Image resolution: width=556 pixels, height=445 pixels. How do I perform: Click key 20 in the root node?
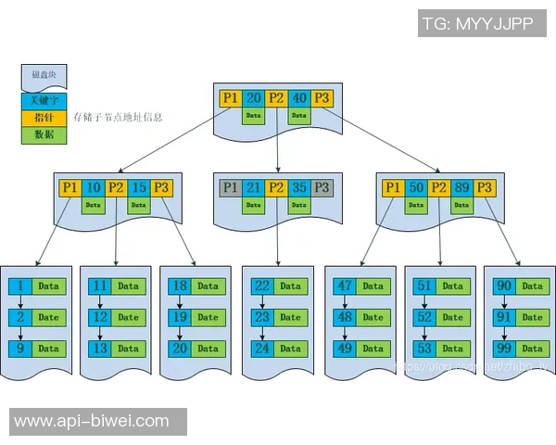[x=253, y=97]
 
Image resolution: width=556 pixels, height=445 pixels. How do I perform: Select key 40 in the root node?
[x=299, y=97]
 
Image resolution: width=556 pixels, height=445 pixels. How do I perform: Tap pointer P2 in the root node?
[x=276, y=97]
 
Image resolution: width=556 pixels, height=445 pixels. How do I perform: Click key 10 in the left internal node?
[x=93, y=187]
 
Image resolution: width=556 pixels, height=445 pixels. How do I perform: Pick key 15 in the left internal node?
[x=139, y=187]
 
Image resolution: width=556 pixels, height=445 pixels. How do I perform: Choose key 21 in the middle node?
[x=254, y=187]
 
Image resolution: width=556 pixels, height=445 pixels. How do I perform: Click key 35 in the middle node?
[x=299, y=187]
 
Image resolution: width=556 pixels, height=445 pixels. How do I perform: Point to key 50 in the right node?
[x=417, y=187]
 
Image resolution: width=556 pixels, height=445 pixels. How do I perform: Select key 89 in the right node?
[x=462, y=187]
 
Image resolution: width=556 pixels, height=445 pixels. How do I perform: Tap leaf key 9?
[x=19, y=349]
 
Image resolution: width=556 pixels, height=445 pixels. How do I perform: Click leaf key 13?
[x=100, y=349]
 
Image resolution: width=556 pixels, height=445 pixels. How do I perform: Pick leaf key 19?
[x=180, y=317]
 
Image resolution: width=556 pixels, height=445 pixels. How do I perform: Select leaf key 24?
[x=262, y=349]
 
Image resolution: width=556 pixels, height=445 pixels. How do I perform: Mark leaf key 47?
[x=345, y=286]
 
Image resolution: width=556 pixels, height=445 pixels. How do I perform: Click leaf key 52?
[x=424, y=317]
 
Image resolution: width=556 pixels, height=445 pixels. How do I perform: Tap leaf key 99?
[x=504, y=349]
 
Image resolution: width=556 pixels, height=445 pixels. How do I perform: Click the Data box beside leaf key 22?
[x=291, y=286]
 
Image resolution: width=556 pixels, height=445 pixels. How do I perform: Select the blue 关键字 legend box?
[x=44, y=101]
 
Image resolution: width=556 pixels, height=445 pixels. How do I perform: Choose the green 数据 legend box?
[x=44, y=134]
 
